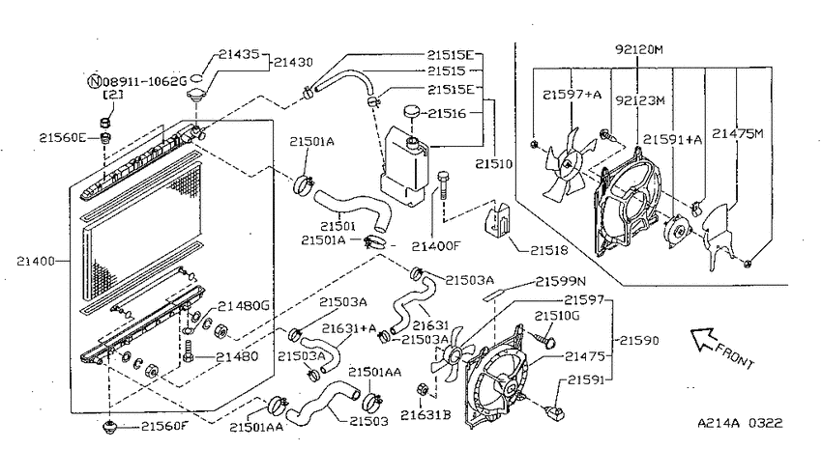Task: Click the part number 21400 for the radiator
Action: (36, 261)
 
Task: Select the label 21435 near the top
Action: (239, 54)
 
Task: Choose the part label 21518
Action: (549, 250)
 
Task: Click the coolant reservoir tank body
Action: (403, 162)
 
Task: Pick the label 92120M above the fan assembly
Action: (639, 49)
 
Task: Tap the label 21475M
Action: (737, 133)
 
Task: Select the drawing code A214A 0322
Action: (740, 423)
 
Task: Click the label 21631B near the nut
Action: (426, 415)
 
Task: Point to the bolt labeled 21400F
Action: (443, 185)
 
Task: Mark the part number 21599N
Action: (560, 282)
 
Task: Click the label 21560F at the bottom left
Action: (164, 426)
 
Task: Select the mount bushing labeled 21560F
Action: (109, 427)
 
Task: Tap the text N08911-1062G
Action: (137, 81)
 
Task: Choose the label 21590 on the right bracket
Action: (639, 340)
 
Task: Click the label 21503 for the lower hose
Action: (369, 421)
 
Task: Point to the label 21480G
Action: (244, 306)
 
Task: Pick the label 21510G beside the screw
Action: (557, 316)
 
